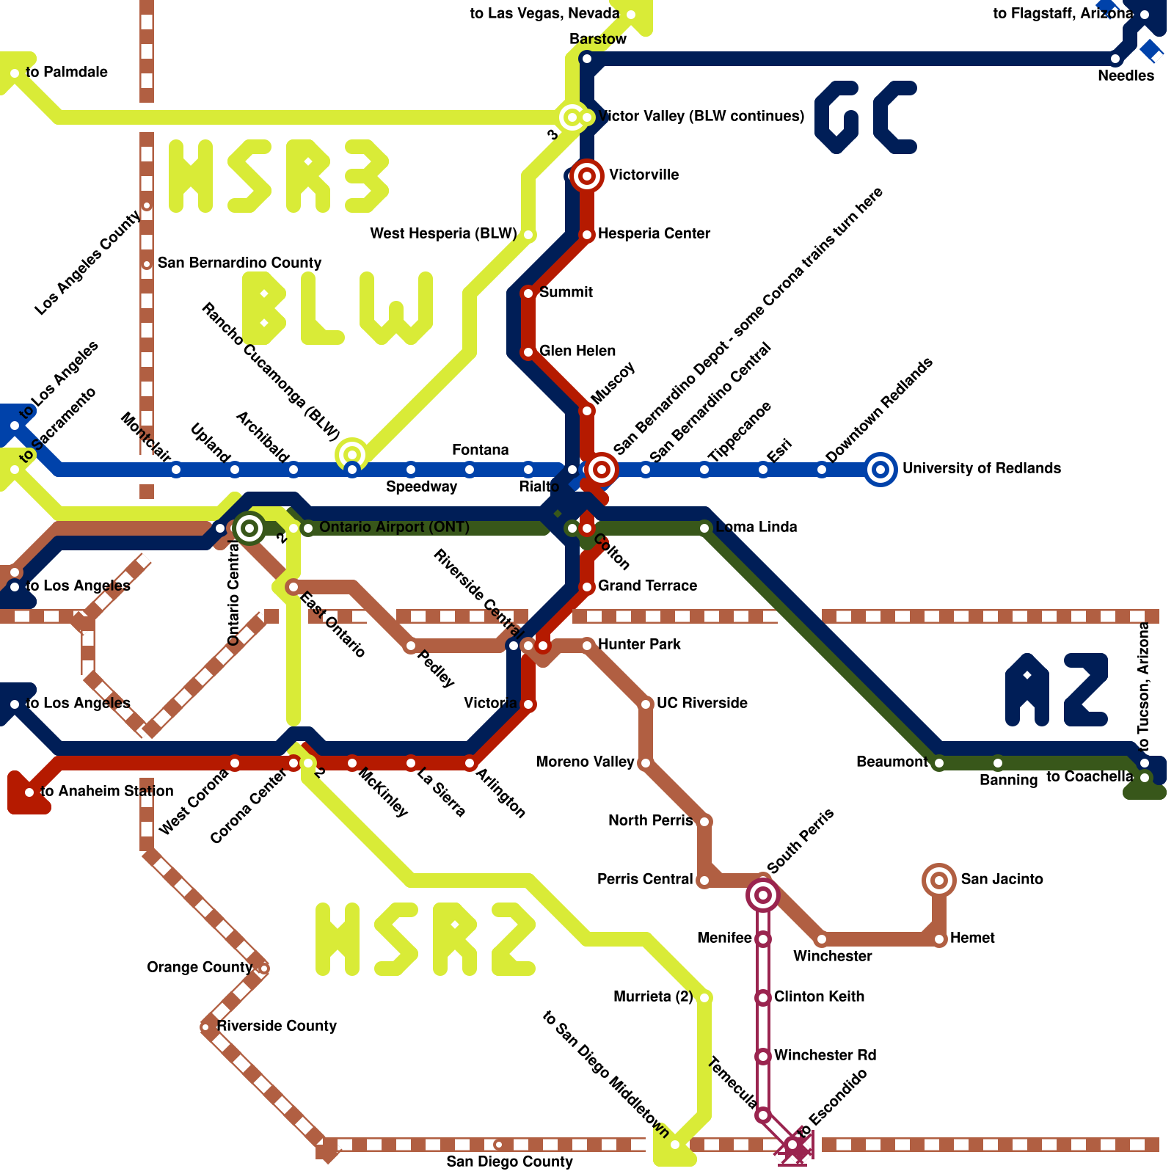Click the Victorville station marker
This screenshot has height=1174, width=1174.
[587, 176]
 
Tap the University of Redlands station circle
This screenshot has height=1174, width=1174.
[880, 470]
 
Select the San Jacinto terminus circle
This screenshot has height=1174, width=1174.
[939, 880]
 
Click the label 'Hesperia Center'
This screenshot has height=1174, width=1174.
[654, 234]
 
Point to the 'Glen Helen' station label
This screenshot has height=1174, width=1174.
[577, 351]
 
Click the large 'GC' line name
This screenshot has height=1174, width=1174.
[866, 117]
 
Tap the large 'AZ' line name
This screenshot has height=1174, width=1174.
[1057, 690]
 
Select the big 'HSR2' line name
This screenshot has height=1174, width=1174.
[426, 939]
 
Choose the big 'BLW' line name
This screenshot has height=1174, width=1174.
[338, 308]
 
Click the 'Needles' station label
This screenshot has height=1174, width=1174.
[1126, 76]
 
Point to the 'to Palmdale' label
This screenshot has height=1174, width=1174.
[67, 73]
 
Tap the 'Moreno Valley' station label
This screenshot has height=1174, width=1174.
[585, 762]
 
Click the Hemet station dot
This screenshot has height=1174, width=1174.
[939, 939]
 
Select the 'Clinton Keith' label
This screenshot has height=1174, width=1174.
[819, 997]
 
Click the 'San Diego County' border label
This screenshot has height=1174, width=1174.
[509, 1162]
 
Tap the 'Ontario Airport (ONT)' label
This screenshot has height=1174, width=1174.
[394, 528]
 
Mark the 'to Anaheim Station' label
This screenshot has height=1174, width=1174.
[107, 792]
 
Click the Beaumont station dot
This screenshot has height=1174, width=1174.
[939, 763]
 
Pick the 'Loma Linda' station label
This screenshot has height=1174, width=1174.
[756, 528]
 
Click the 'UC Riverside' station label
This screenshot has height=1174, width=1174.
[702, 704]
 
